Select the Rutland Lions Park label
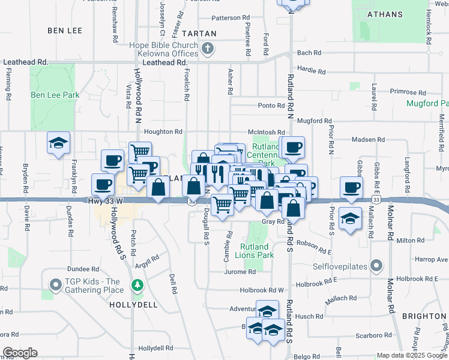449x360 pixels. click(x=257, y=251)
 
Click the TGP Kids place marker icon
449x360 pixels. click(x=56, y=285)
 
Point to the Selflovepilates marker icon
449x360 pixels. click(x=376, y=265)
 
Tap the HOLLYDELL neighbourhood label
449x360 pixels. click(x=133, y=304)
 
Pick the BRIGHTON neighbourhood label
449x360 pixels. click(x=424, y=316)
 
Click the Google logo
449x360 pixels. click(x=20, y=353)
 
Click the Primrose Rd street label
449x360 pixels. click(x=408, y=92)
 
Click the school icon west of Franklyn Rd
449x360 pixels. click(x=59, y=143)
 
